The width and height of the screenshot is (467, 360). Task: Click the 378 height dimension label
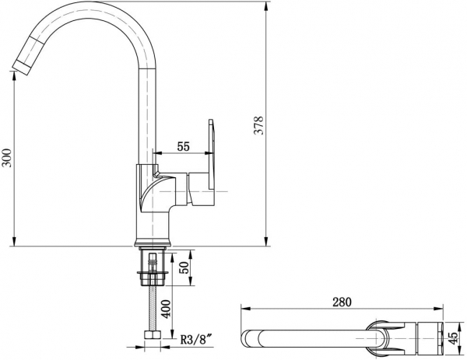pos(259,125)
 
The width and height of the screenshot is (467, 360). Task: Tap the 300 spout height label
pos(7,158)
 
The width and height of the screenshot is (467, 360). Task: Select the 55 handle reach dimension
pos(183,146)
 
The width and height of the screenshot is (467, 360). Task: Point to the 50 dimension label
pos(184,267)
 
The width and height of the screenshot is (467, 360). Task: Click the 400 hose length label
pos(167,309)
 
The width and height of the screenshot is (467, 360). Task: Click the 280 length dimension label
pos(342,302)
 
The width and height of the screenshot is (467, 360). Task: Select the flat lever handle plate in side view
pos(211,155)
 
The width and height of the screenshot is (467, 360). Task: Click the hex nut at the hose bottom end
pos(153,334)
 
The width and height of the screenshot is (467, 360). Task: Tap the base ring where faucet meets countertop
pos(153,243)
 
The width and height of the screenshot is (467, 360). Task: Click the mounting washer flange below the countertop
pos(153,272)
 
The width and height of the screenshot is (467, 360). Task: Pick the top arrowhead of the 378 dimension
pos(266,6)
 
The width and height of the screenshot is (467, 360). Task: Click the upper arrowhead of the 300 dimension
pos(14,76)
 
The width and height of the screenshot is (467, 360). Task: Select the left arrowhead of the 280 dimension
pos(245,309)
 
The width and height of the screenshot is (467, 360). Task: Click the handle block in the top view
pos(430,338)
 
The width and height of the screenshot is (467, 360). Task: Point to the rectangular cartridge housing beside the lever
pos(198,189)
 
